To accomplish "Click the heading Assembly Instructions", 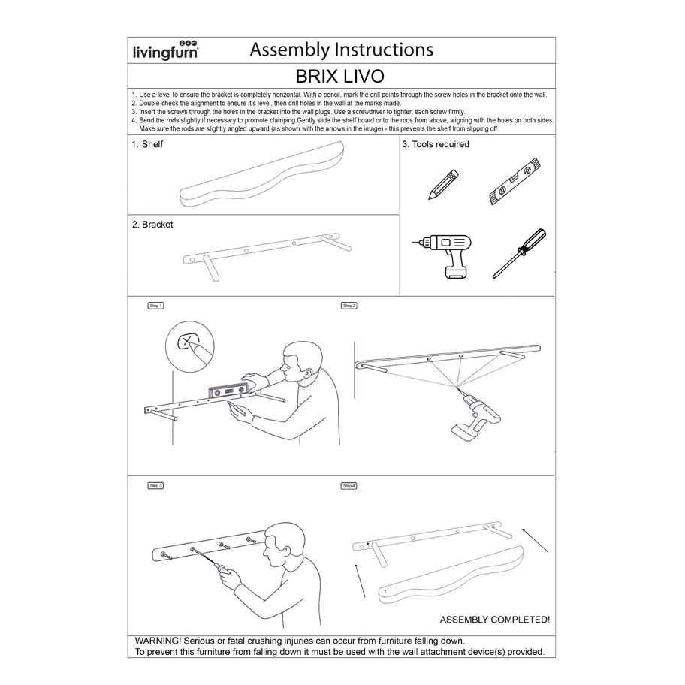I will point(341,50).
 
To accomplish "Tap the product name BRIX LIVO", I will point(341,77).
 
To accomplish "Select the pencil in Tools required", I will point(444,185).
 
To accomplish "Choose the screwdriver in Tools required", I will point(519,254).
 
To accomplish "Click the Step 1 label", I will point(155,306).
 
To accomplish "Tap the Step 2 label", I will point(349,306).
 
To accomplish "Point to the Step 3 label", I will point(155,486).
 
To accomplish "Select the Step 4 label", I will point(349,486).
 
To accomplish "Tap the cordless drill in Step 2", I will point(475,417).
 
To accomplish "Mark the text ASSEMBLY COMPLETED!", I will point(494,620).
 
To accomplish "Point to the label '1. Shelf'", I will point(147,144).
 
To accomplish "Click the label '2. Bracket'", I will point(152,224).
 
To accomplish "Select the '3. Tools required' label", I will point(436,144).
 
